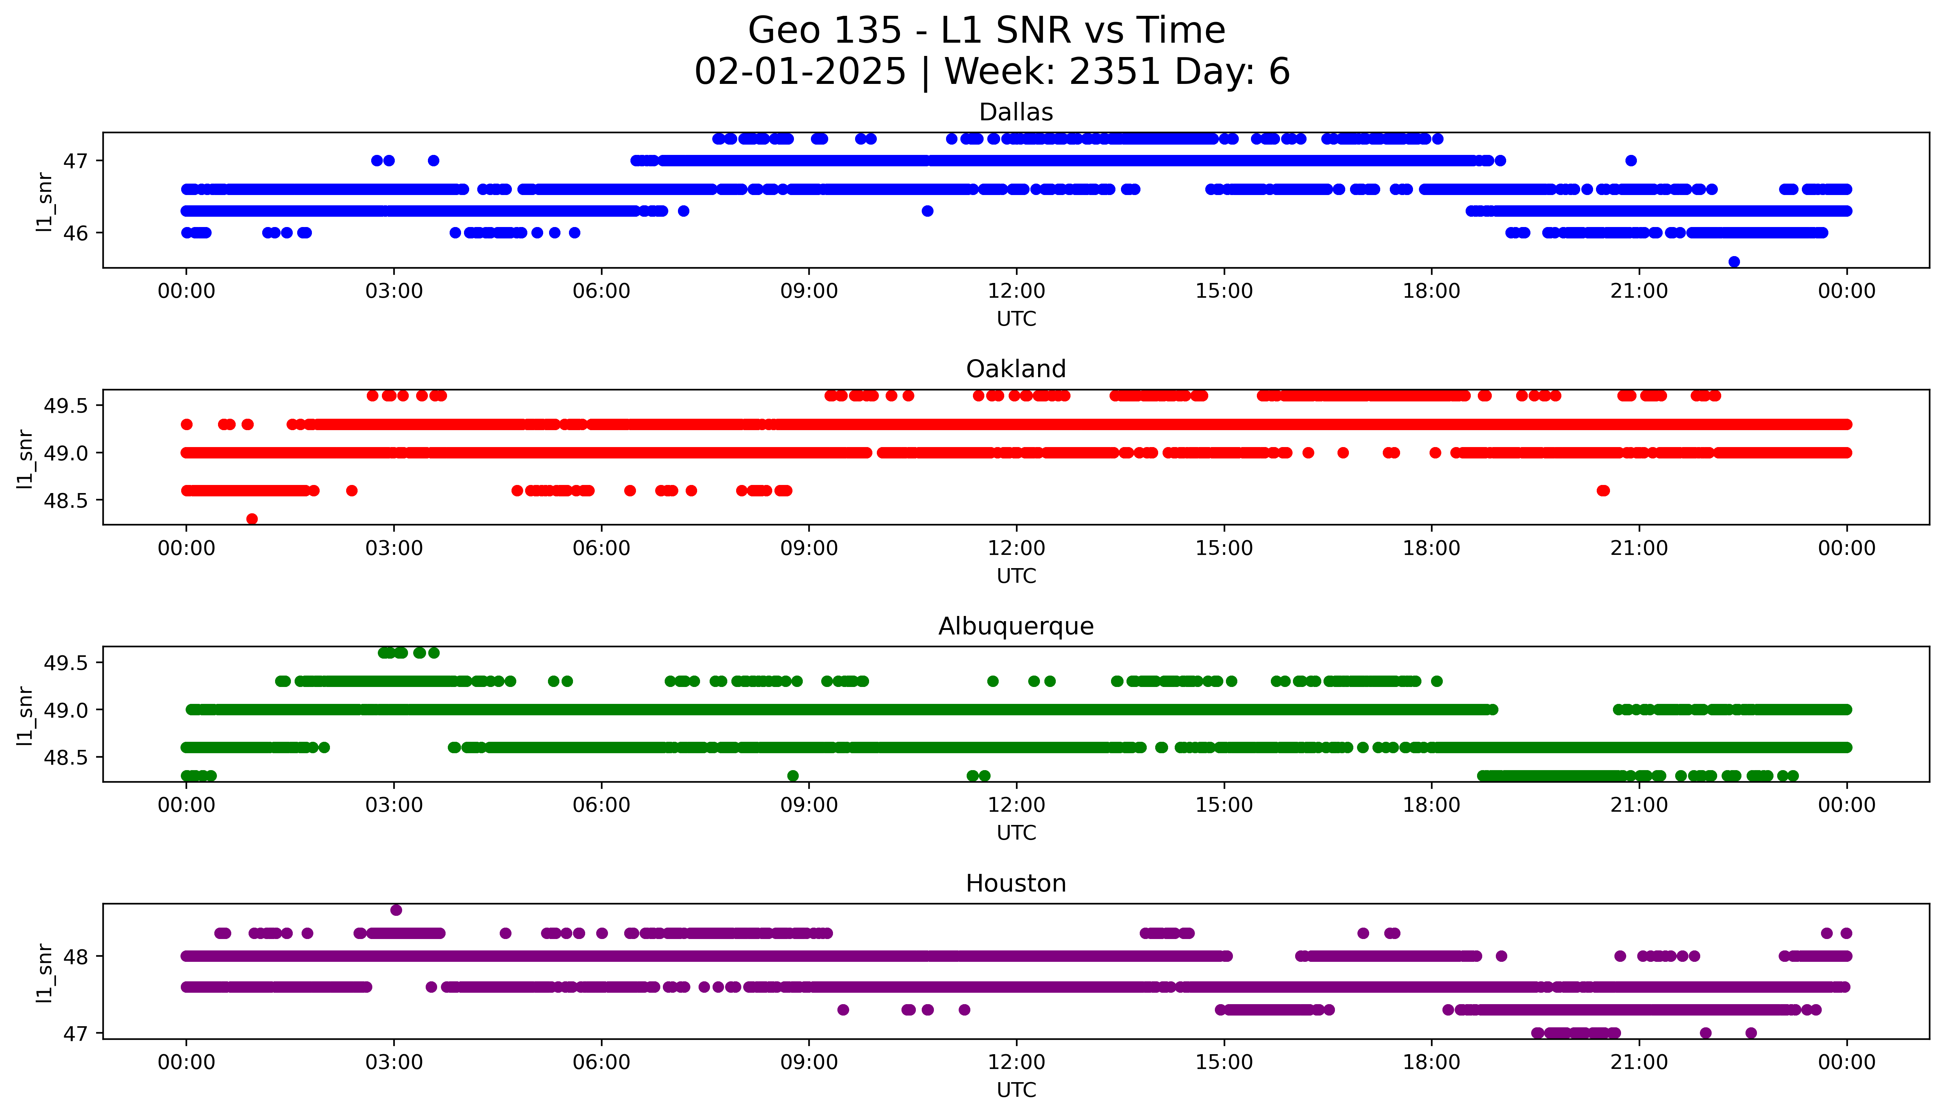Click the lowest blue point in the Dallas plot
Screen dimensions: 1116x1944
pyautogui.click(x=1734, y=261)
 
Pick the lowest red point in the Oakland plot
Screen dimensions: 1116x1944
pyautogui.click(x=252, y=519)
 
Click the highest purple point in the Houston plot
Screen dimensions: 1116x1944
pyautogui.click(x=396, y=910)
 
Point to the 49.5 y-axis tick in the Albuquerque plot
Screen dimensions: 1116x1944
pyautogui.click(x=67, y=663)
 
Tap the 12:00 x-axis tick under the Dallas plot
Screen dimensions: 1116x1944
pyautogui.click(x=1016, y=291)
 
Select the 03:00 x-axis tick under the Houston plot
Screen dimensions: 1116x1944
pyautogui.click(x=394, y=1062)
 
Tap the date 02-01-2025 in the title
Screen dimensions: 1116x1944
pyautogui.click(x=800, y=72)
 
